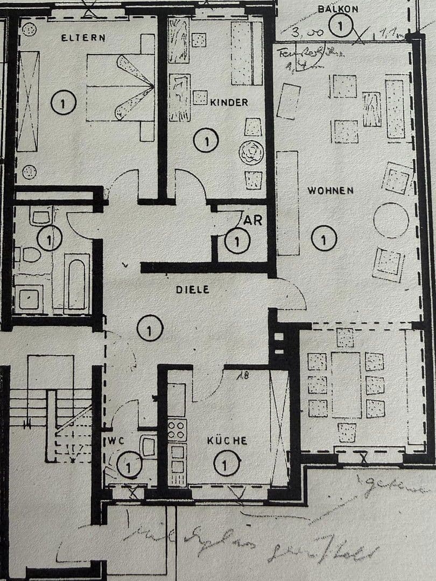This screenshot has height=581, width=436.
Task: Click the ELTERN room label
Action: click(x=83, y=38)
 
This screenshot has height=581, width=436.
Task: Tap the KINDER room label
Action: click(x=229, y=102)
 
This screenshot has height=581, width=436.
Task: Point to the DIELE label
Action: click(x=192, y=289)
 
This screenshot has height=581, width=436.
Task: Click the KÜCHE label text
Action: click(x=227, y=441)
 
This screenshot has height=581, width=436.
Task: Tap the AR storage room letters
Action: click(x=253, y=220)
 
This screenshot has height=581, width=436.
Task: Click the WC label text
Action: click(x=116, y=441)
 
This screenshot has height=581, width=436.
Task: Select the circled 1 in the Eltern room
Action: click(x=64, y=103)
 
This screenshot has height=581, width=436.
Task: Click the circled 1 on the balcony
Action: click(x=341, y=25)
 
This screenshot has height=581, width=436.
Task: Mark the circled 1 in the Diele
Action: click(x=150, y=329)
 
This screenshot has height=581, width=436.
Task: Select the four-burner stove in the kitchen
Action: click(x=177, y=430)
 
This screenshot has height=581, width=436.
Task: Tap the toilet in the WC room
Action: click(x=147, y=447)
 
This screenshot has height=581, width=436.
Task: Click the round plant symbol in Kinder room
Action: click(x=251, y=153)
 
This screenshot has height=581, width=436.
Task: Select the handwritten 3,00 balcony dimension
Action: click(x=307, y=33)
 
